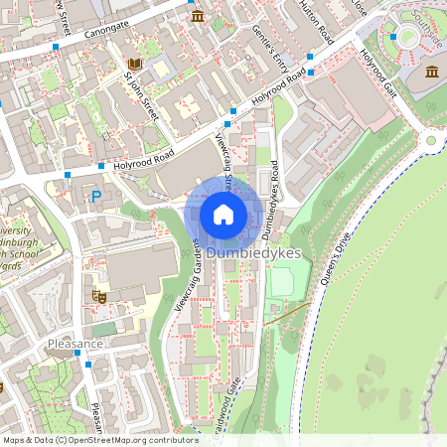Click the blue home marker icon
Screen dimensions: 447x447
[223, 215]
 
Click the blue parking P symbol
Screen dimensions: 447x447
[96, 198]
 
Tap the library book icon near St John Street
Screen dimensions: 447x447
[134, 66]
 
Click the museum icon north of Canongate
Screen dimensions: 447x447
[198, 17]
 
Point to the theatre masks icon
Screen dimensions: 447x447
[99, 295]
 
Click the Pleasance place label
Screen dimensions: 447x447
[74, 344]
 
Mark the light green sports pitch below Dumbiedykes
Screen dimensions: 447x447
[282, 282]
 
